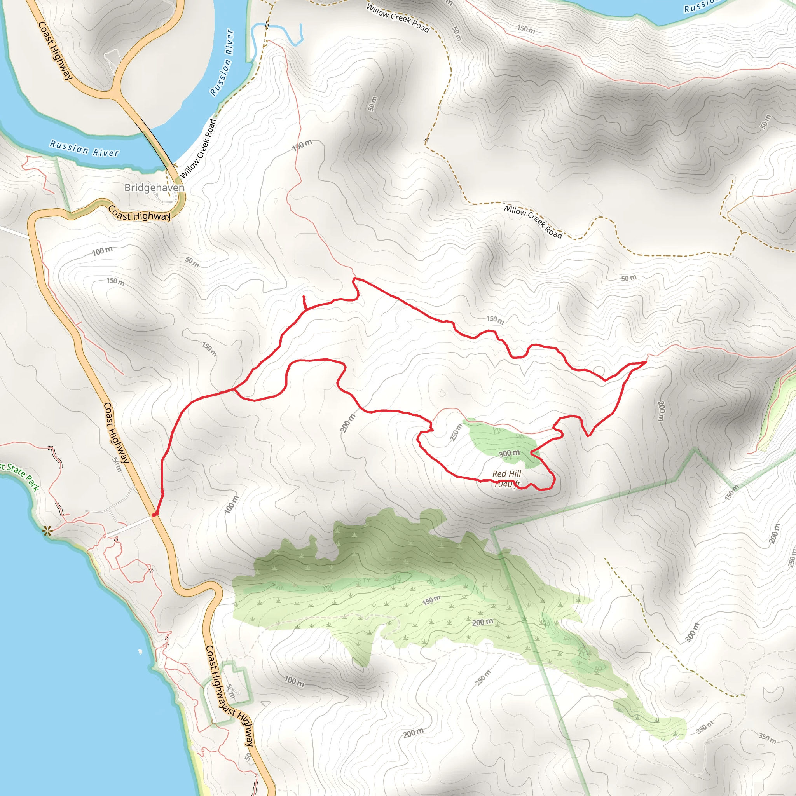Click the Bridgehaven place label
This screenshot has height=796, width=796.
click(x=154, y=188)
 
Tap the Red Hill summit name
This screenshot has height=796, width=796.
click(x=506, y=474)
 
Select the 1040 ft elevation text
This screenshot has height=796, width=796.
click(x=506, y=485)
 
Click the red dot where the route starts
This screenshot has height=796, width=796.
click(x=154, y=515)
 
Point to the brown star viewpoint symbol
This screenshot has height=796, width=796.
click(x=47, y=531)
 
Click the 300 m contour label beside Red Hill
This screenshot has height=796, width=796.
click(x=509, y=454)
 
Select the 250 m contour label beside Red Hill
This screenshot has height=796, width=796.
click(x=456, y=433)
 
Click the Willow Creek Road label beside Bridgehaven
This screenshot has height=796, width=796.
click(x=198, y=149)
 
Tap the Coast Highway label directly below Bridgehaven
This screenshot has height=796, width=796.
click(x=139, y=213)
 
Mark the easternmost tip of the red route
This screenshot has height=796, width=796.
click(x=646, y=362)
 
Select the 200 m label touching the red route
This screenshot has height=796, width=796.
click(x=348, y=423)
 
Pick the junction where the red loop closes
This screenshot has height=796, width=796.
click(x=234, y=389)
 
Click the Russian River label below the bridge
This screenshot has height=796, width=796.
click(x=84, y=149)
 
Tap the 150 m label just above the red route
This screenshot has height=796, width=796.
click(x=495, y=319)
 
